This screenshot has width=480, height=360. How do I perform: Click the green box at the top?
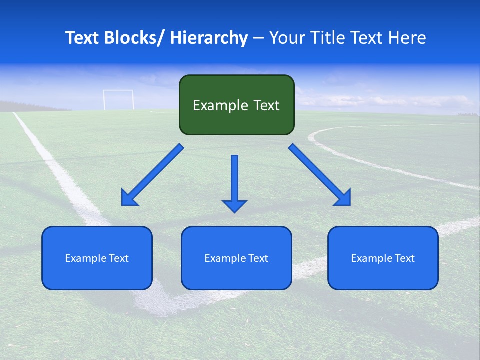coord(236,105)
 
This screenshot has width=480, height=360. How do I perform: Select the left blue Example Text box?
coord(97,258)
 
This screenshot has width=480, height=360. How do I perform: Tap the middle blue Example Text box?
coord(236,258)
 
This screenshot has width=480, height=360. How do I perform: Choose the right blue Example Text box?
coord(383,258)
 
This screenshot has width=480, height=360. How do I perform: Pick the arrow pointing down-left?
coord(152,175)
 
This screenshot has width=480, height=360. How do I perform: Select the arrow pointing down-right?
coord(319,174)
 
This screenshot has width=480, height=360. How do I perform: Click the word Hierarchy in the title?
coord(209,38)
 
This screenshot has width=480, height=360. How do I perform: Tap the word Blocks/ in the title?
coord(137,38)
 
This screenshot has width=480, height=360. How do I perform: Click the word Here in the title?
coord(408,38)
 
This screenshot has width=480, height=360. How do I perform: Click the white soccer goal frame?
coord(118,99)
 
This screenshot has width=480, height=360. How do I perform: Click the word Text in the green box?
coord(265,105)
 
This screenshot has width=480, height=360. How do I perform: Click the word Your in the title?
coord(286,38)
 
